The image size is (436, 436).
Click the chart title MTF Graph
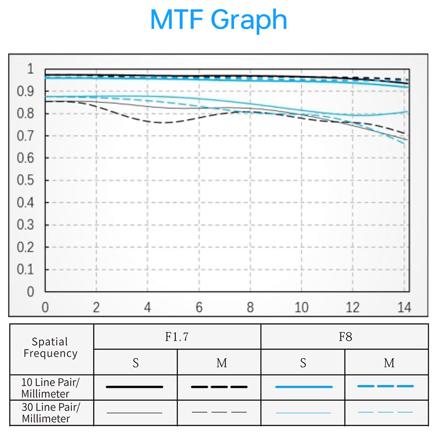click(218, 20)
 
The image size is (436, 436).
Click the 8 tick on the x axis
click(250, 307)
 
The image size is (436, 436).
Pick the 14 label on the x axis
click(404, 307)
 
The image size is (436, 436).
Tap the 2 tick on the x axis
click(96, 307)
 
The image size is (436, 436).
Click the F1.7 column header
click(177, 337)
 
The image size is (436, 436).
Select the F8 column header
click(344, 337)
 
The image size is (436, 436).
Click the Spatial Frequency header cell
click(50, 347)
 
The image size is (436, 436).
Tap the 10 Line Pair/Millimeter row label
click(51, 388)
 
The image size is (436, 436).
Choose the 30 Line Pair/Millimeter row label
click(51, 412)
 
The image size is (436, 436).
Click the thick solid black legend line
click(134, 387)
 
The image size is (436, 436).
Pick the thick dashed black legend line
click(219, 387)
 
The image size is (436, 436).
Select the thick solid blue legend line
click(303, 387)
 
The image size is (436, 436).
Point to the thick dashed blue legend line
click(385, 386)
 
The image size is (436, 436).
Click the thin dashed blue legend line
click(385, 412)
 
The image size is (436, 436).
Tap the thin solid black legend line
click(134, 412)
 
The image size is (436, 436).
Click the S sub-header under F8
click(303, 363)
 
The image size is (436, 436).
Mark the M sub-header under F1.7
click(221, 363)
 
